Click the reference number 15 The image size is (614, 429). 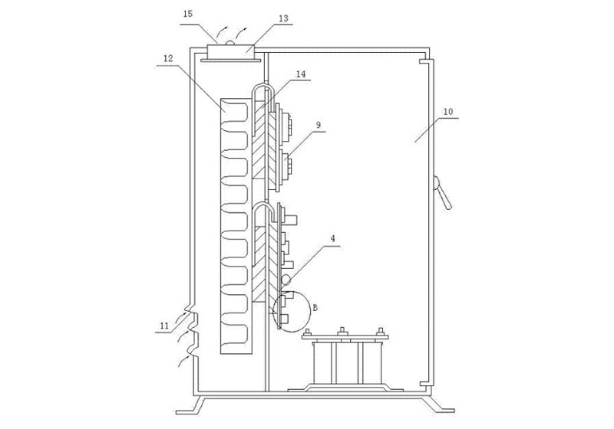188,14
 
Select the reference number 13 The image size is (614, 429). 283,18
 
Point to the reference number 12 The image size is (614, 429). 168,58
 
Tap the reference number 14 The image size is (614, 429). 300,74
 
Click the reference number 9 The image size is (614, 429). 318,125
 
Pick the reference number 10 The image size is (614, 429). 448,111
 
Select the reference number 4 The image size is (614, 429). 333,239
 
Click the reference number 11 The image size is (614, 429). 164,325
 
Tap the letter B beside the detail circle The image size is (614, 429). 315,308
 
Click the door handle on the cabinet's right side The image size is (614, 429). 442,192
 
